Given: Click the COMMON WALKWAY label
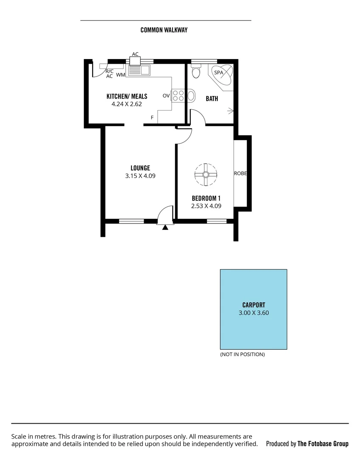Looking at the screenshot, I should (164, 30).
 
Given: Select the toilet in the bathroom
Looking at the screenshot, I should (196, 72).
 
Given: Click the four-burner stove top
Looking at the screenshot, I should (179, 96).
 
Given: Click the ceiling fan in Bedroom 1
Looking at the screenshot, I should (206, 174).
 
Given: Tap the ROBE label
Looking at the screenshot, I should (240, 173).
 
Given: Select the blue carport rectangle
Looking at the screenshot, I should (253, 309).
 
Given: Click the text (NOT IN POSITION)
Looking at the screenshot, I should (242, 354).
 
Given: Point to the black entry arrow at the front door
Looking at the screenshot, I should (165, 227).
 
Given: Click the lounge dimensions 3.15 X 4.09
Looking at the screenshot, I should (140, 176).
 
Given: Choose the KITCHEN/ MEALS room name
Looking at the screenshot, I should (127, 96).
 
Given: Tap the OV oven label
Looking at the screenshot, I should (166, 96).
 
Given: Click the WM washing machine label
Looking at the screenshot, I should (120, 75).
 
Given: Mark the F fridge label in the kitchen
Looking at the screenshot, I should (152, 117).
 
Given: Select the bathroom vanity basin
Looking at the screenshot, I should (191, 96).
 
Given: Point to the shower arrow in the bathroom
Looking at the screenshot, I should (230, 112).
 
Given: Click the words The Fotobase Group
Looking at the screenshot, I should (323, 444).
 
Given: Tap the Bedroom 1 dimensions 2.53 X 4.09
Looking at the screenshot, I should (206, 206).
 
